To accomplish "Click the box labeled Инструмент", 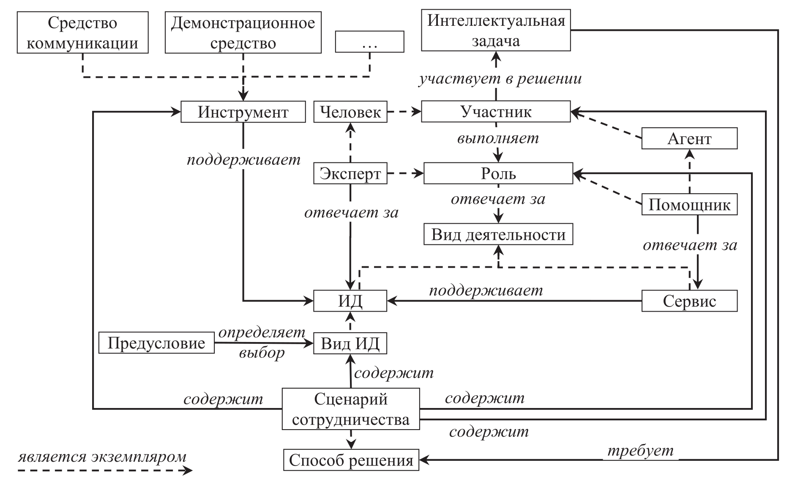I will coord(243,112).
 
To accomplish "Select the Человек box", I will coord(350,112).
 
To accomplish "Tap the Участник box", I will coord(496,112).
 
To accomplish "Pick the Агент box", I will coord(689,139).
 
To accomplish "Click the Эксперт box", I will coord(350,174).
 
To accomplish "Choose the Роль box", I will coord(498,173).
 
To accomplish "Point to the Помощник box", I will coord(689,205).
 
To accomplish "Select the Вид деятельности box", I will coord(498,235).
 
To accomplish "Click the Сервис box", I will coord(689,301).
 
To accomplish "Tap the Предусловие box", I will coord(156,343).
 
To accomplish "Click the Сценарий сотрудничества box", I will coord(351,409).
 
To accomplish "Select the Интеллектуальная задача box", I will coord(496,31).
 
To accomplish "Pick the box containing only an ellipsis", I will coord(369,42).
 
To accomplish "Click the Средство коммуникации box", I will coord(82,33).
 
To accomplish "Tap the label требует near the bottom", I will coord(640,451).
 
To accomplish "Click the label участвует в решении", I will coord(500,79).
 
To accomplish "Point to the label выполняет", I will coord(498,138).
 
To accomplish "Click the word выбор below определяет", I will coord(262,352).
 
